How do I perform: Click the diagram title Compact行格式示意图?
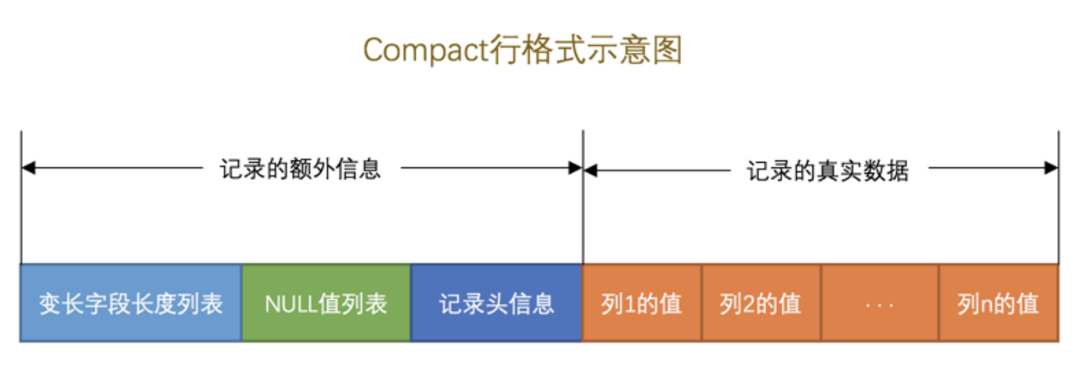pos(522,51)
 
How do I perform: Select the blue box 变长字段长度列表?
pos(131,303)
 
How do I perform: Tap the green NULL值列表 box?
pos(326,303)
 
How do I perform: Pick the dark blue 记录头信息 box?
pos(496,303)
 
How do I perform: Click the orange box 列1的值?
pos(641,303)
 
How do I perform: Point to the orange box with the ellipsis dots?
pos(879,303)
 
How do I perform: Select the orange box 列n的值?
pos(998,303)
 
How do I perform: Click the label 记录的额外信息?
pos(301,168)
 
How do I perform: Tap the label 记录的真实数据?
pos(827,170)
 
